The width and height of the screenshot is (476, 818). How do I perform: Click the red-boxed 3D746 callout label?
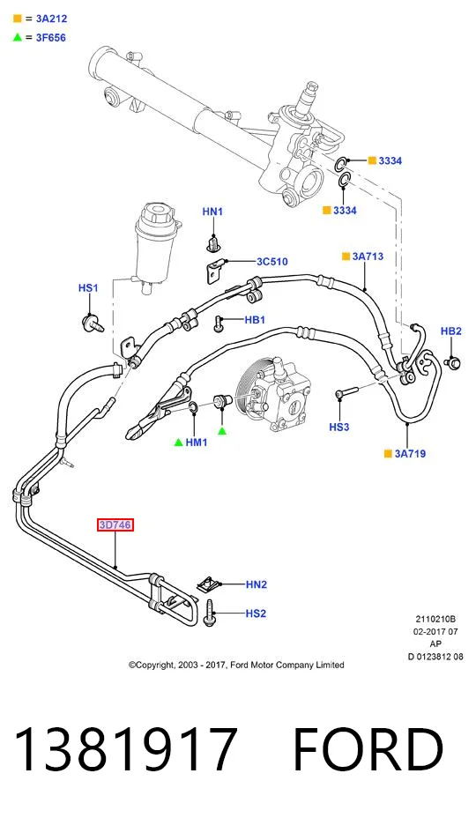(115, 524)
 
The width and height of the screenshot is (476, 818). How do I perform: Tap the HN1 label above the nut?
(212, 212)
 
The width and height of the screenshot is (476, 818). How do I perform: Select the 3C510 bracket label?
(271, 262)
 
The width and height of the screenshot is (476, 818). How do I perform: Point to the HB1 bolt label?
(255, 320)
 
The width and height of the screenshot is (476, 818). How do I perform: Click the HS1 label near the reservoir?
(88, 288)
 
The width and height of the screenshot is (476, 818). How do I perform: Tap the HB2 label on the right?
(451, 331)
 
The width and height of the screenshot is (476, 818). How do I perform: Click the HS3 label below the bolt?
(338, 428)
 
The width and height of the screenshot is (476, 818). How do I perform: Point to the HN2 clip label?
(257, 584)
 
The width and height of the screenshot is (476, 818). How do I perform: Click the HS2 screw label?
(256, 613)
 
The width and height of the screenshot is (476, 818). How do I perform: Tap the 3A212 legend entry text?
(51, 19)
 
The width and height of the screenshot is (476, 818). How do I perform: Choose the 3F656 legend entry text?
(50, 38)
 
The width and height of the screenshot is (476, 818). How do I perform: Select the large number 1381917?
(126, 749)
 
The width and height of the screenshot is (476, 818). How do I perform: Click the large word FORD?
(368, 749)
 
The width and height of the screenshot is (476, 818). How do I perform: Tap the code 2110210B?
(435, 620)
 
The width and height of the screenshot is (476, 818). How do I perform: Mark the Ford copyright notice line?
(236, 666)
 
